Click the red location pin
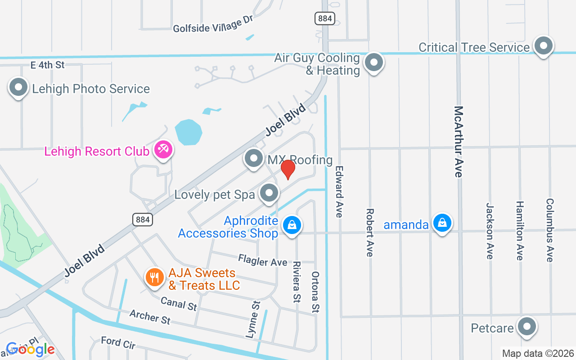click(x=288, y=170)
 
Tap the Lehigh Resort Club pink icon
click(x=163, y=150)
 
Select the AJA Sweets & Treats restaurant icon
click(x=154, y=277)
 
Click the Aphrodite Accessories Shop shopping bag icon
click(x=292, y=224)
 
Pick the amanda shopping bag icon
click(x=442, y=223)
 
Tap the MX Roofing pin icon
click(x=254, y=158)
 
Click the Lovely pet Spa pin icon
click(x=269, y=193)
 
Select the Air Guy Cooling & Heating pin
click(x=373, y=62)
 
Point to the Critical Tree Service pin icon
click(x=543, y=45)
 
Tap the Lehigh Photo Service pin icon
click(x=18, y=87)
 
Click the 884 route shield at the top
click(x=325, y=18)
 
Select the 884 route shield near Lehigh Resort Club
click(x=143, y=219)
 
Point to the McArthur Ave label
click(x=459, y=142)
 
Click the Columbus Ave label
click(x=549, y=229)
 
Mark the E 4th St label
click(x=48, y=65)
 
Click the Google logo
click(x=30, y=349)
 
